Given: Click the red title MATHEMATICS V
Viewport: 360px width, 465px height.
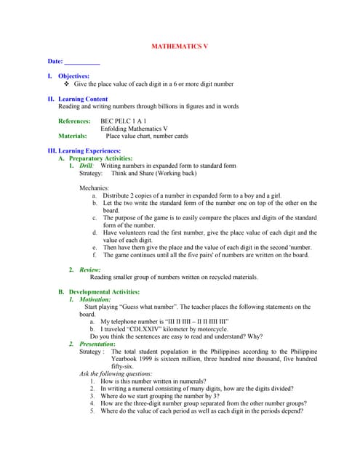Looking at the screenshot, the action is (x=180, y=46).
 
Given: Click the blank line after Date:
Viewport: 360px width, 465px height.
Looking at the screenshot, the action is (x=82, y=63).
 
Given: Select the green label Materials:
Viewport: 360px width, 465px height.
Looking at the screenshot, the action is (x=73, y=135).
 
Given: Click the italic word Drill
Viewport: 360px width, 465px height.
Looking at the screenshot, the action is (x=87, y=166).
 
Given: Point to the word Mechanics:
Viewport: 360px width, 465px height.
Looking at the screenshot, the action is (x=96, y=188).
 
